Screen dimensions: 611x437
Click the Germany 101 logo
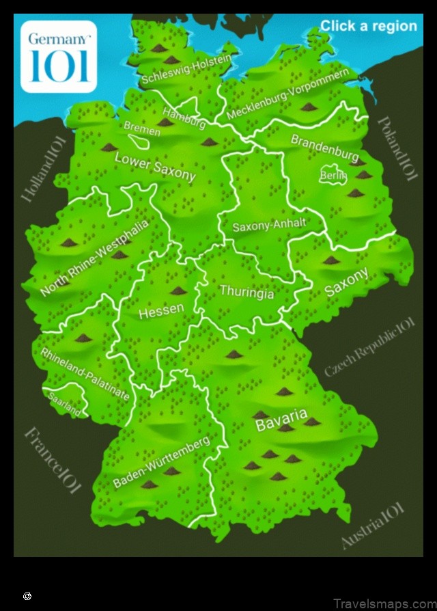tap(58, 56)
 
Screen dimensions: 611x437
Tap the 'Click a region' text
tap(368, 26)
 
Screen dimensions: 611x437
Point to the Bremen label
tap(141, 128)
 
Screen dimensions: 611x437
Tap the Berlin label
tap(333, 176)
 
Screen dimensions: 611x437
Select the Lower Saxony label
tap(155, 166)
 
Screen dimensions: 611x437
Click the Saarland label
tap(64, 404)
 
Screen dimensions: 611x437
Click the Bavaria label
tap(281, 420)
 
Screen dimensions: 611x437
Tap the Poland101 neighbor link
tap(397, 148)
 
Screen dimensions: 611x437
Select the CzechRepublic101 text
tap(369, 347)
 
